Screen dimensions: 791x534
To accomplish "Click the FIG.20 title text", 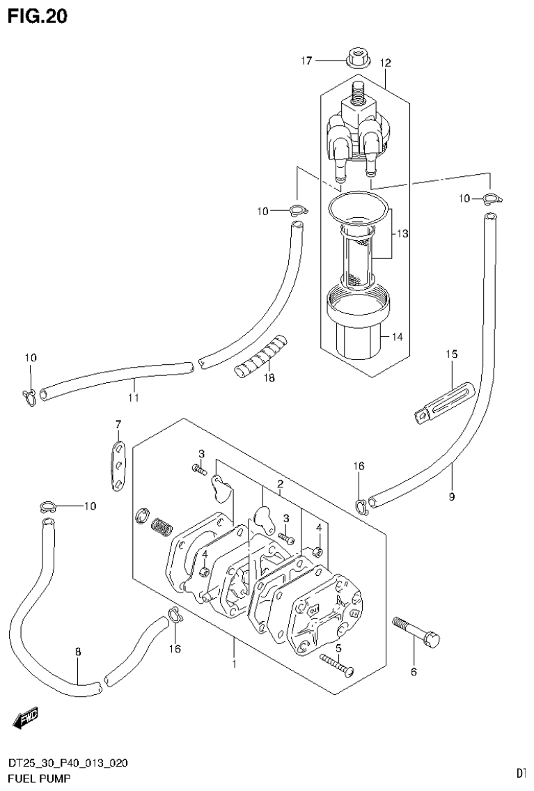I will pos(38,16).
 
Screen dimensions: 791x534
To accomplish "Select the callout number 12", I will pos(386,63).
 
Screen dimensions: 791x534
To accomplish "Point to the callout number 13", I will pos(402,234).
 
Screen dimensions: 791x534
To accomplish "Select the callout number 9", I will pos(451,496).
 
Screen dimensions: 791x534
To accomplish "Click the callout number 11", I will pos(134,398).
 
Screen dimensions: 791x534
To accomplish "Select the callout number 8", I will pos(78,652).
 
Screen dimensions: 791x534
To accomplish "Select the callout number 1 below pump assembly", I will pos(235,664).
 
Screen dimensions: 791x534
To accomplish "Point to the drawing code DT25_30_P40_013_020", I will pos(68,764).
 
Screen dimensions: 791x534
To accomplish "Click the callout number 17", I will pos(306,61).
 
